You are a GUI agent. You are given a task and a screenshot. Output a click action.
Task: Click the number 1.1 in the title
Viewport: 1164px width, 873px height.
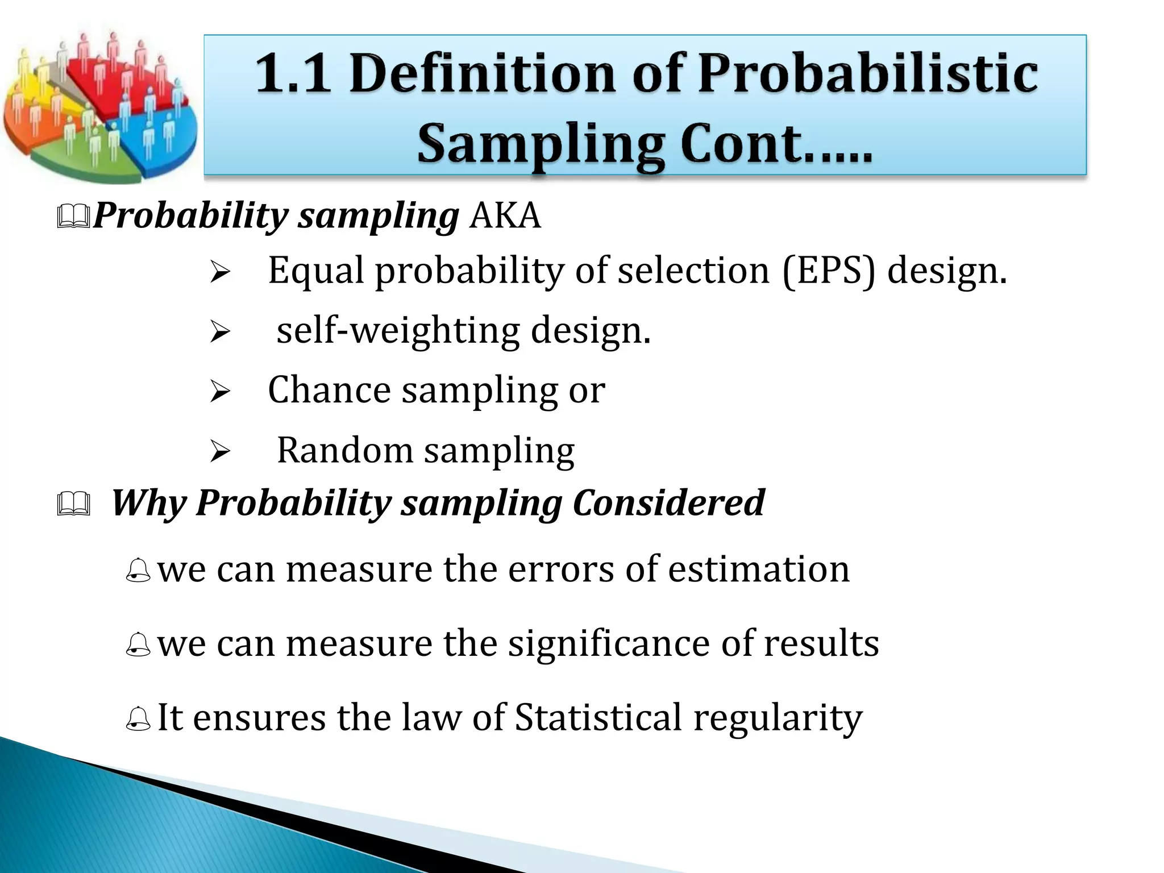(x=293, y=73)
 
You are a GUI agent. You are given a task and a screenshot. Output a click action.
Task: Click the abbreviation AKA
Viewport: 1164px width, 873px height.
(x=505, y=215)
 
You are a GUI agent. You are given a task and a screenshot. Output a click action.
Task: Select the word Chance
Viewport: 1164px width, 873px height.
(x=329, y=390)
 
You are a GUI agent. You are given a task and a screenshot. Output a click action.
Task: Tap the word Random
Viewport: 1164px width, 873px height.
(x=344, y=450)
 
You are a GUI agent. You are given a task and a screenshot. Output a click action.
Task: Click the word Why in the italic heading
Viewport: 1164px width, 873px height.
(x=148, y=503)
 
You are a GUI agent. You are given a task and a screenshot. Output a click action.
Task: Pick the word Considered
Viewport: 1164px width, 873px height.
(x=668, y=503)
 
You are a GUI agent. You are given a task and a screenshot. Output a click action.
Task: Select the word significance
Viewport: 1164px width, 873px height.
(x=609, y=643)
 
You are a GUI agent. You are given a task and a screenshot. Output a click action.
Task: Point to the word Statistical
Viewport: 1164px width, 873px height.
(x=598, y=717)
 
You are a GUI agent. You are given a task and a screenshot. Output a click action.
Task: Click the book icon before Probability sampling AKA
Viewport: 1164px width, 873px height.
(x=74, y=217)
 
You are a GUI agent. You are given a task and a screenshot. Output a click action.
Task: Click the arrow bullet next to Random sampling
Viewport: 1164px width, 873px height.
(x=219, y=452)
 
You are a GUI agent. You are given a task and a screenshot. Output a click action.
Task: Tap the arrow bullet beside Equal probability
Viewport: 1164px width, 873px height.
(x=219, y=272)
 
